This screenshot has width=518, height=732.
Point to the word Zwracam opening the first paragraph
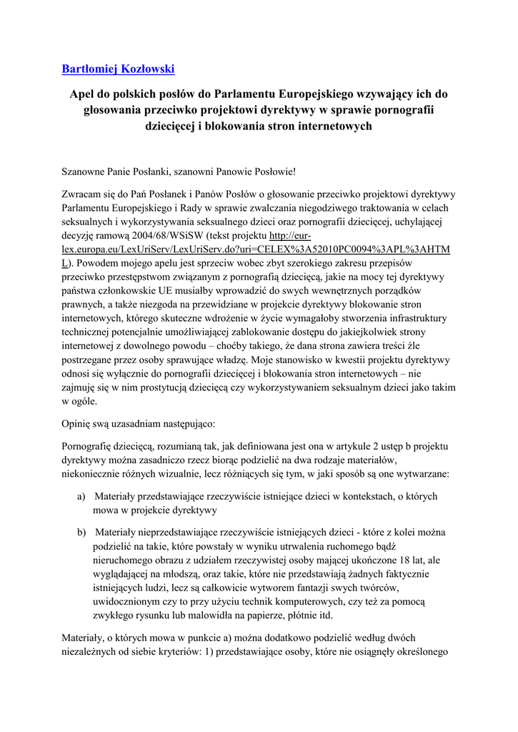click(82, 195)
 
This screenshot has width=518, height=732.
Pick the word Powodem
click(99, 263)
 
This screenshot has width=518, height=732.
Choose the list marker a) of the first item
click(81, 496)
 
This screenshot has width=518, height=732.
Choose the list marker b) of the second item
click(81, 533)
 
